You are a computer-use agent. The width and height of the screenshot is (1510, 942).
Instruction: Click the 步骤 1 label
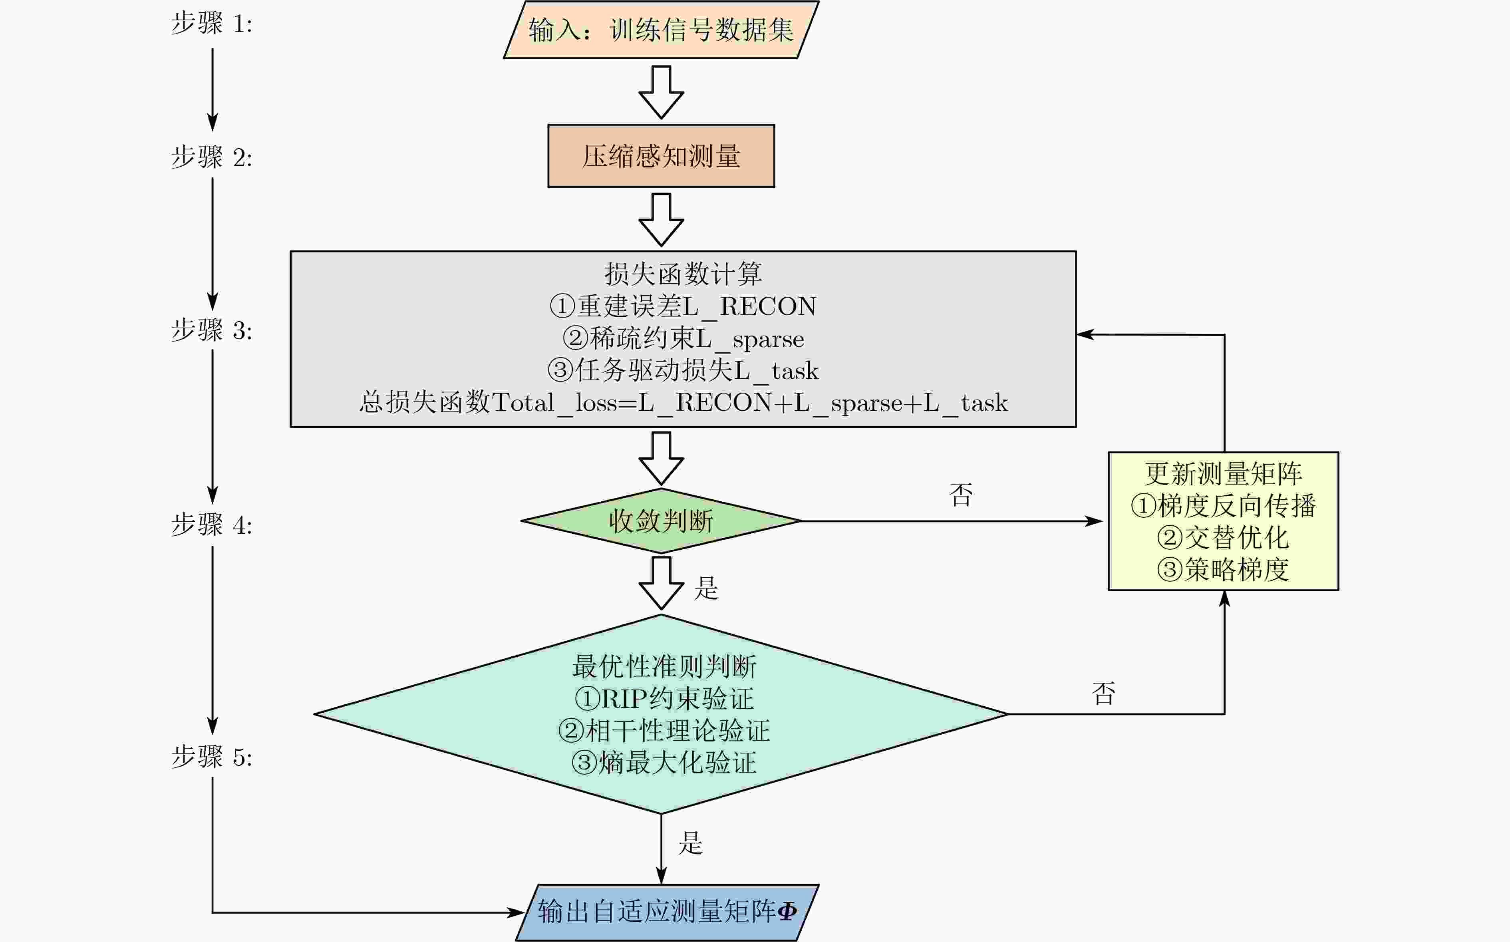212,24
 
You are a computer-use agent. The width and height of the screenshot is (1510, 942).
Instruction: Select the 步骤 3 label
212,330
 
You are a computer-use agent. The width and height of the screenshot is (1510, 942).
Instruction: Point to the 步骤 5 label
212,757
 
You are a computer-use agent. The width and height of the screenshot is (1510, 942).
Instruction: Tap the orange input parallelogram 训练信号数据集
661,30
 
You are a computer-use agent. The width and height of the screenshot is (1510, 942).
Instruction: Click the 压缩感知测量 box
661,156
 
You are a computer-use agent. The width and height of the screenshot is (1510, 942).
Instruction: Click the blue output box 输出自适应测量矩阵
667,912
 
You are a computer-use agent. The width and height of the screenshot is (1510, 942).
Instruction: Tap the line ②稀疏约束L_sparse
683,338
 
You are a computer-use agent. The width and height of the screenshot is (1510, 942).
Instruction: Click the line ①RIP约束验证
664,698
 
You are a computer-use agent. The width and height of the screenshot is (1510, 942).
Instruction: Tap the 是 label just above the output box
690,843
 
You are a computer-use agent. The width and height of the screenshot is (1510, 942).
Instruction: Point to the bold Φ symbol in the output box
787,912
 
